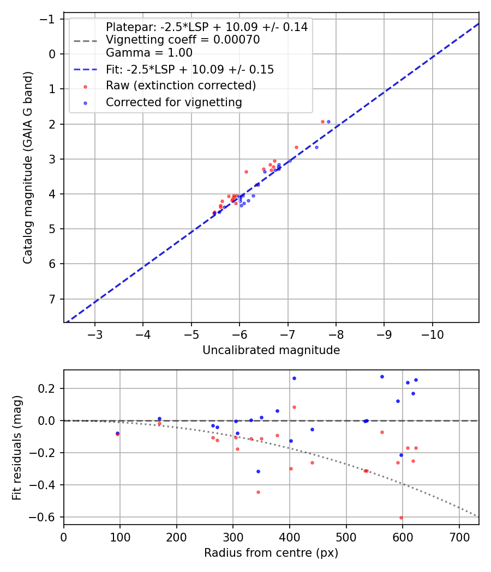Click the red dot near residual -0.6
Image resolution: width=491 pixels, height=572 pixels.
click(401, 518)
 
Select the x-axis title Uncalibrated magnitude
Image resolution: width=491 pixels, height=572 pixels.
click(271, 350)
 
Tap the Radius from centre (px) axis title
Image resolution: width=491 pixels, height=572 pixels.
click(271, 553)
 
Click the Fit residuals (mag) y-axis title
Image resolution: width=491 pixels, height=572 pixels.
click(17, 447)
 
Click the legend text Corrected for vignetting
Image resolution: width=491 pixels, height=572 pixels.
click(173, 102)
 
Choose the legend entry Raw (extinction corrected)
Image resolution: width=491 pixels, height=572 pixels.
click(181, 86)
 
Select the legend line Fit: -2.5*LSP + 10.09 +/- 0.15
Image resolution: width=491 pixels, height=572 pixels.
click(190, 70)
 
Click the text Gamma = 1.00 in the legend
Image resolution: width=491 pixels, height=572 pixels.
click(149, 53)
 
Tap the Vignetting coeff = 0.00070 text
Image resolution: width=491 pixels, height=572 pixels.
click(183, 40)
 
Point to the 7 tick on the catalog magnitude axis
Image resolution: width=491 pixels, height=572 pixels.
click(53, 299)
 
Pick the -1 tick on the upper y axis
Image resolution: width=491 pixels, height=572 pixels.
click(50, 19)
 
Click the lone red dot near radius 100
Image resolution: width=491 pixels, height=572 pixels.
click(117, 434)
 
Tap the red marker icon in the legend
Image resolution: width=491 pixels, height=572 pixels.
click(85, 86)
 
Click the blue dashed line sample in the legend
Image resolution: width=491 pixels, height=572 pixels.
click(85, 70)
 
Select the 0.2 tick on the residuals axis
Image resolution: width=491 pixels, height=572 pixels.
click(50, 388)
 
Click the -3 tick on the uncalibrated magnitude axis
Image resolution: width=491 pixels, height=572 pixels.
click(95, 332)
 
